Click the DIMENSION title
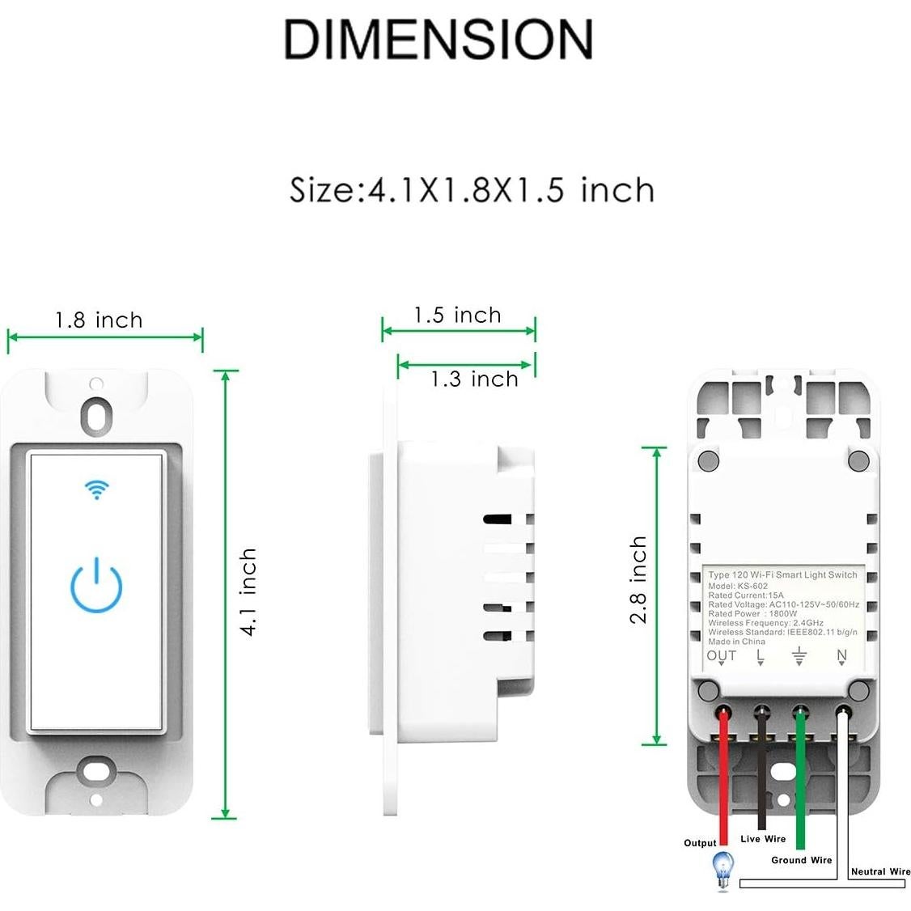point(438,39)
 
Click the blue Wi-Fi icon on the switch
point(97,489)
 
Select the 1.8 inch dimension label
point(99,320)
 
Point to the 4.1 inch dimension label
point(248,592)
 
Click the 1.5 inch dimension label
point(457,315)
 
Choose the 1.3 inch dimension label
point(474,379)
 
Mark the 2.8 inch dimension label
point(639,579)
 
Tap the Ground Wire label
point(801,860)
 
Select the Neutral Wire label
point(880,871)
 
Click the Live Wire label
point(763,839)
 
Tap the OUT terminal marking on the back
point(722,655)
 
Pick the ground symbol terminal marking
point(799,656)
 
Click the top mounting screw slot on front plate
point(97,412)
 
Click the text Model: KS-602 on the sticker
point(738,586)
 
